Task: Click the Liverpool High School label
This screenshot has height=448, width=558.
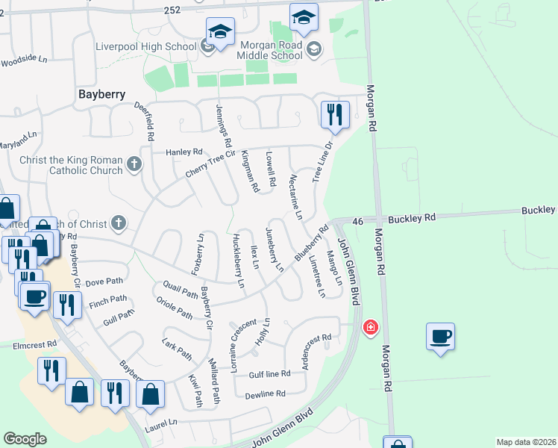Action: pos(145,46)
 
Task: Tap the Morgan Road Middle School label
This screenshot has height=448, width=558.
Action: pos(270,49)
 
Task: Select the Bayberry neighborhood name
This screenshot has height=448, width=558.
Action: pos(101,95)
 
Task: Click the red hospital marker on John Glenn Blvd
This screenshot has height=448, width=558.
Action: pos(369,327)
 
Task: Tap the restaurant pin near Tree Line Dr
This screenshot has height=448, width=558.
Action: pos(333,115)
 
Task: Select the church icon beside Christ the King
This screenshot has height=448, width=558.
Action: pos(134,164)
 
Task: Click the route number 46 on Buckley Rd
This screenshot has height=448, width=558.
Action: pos(357,221)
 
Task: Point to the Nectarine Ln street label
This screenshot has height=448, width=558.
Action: pos(294,196)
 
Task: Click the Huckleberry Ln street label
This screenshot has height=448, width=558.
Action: pos(238,261)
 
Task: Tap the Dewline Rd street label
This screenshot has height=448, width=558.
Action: pos(265,393)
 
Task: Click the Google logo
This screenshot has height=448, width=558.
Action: pos(25,438)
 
